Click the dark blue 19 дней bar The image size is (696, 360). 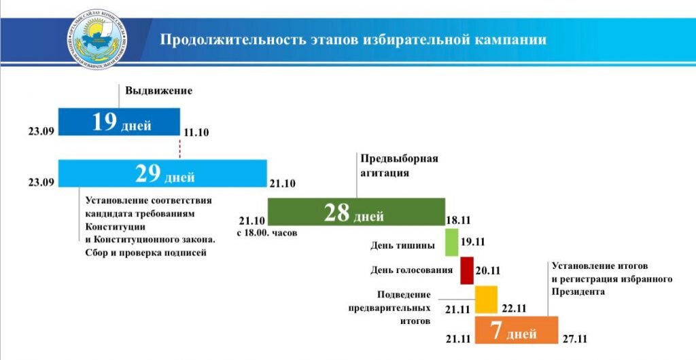(119, 122)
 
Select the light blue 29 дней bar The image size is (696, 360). (162, 173)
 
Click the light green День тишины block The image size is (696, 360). (451, 242)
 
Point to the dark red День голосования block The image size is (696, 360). (466, 270)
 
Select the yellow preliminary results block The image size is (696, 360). (486, 300)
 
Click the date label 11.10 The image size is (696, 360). (196, 132)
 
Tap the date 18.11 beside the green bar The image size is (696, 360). (459, 220)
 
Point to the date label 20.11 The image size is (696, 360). (487, 270)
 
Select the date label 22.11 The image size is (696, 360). (513, 308)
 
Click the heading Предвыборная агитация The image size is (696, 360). (398, 166)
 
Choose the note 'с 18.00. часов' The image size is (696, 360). (266, 233)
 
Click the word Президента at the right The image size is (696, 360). (578, 291)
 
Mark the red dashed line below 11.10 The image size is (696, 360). (180, 148)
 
